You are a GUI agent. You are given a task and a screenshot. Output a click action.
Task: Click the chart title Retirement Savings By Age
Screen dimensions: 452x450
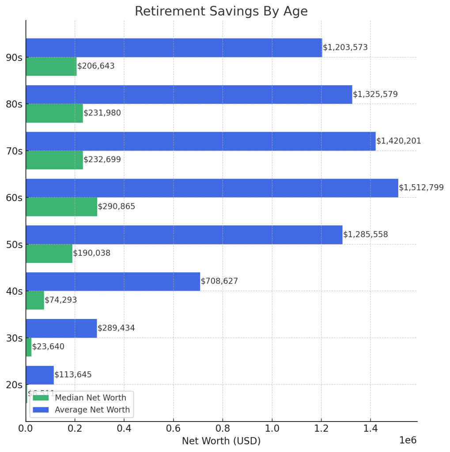[221, 11]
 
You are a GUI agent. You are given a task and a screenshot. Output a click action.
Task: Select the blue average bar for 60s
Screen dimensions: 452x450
[212, 188]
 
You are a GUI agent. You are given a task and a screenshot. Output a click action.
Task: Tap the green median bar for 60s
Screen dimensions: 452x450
[61, 207]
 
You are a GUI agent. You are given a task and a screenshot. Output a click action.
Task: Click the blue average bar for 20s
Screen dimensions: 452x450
[40, 375]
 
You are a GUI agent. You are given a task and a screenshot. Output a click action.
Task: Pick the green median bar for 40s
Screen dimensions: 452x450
[35, 300]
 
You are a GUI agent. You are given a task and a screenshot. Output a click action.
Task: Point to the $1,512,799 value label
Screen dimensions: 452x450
[421, 188]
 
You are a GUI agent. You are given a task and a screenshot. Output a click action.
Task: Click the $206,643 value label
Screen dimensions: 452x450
[96, 66]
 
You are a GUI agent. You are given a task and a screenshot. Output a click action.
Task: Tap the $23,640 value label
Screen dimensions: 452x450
[48, 347]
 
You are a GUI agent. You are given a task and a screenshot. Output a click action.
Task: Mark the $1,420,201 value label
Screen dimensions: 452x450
[399, 141]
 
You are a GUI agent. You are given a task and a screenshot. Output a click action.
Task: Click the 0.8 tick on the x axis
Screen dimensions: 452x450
[223, 428]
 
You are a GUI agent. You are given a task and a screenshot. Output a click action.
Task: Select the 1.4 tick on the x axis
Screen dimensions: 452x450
[371, 428]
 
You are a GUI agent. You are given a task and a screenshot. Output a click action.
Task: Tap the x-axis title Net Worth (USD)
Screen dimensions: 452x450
[221, 441]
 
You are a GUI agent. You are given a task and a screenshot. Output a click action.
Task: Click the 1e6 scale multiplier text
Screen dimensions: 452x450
[408, 441]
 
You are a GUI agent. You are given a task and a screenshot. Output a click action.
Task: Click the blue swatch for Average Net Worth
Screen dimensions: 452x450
[41, 410]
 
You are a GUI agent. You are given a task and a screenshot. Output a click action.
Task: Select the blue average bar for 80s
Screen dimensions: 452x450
[189, 95]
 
